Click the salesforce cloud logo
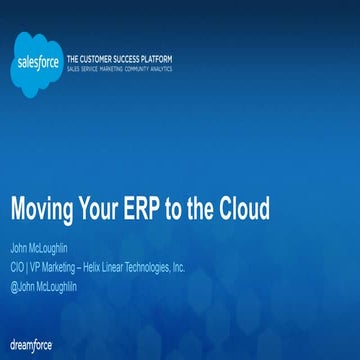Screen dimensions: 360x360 tap(39, 59)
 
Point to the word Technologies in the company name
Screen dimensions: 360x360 tap(151, 267)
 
